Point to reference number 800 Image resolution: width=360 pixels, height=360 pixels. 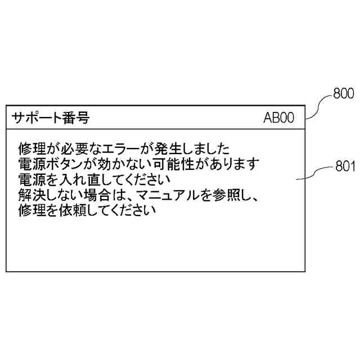click(343, 93)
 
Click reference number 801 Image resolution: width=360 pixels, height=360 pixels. click(344, 166)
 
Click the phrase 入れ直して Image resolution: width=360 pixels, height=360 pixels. click(83, 180)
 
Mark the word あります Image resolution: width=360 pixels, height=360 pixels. click(234, 165)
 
